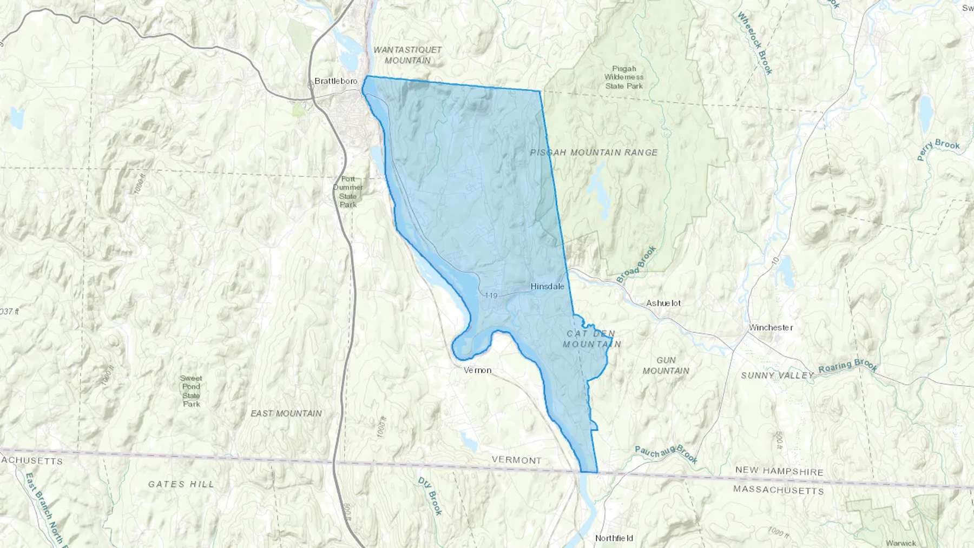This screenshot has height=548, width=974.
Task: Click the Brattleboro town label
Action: coord(336,81)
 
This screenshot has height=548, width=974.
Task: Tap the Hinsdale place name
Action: coord(547,286)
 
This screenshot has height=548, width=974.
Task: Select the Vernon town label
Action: coord(477,371)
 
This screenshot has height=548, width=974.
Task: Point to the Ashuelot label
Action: coord(663,303)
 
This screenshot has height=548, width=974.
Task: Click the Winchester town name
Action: coord(771,327)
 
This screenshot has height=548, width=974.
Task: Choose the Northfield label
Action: coord(614,538)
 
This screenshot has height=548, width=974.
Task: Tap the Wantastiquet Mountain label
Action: coord(407,55)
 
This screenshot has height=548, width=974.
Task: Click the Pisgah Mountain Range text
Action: coord(594,153)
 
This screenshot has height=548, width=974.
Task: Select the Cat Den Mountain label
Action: coord(591,339)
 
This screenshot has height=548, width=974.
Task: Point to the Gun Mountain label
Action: coord(666,365)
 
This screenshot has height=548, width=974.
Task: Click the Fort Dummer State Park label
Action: coord(348,192)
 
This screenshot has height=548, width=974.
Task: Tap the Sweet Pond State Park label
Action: coord(191,391)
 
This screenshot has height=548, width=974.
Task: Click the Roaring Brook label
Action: coord(847,367)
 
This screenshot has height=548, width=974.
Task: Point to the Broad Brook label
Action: coord(637,265)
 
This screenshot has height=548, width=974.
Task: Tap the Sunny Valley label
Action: coord(777,375)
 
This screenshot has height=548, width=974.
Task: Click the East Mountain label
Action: coord(286,413)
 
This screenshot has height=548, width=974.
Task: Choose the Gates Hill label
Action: coord(181,484)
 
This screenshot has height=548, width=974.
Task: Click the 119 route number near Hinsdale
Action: coord(491,295)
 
